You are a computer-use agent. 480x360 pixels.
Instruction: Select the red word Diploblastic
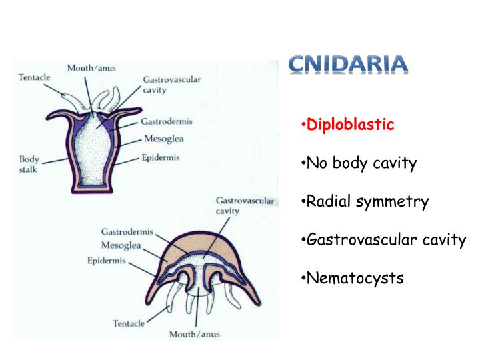(x=349, y=125)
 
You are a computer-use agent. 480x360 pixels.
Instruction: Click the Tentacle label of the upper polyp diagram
(x=33, y=77)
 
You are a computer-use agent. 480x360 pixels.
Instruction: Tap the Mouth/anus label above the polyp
(x=90, y=68)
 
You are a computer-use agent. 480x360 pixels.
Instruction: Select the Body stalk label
(x=29, y=164)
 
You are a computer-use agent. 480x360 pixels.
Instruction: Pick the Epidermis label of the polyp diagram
(x=160, y=158)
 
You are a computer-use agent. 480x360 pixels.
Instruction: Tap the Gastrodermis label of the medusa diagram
(x=127, y=231)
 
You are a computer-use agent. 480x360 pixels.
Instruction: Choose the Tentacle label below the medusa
(x=128, y=323)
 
